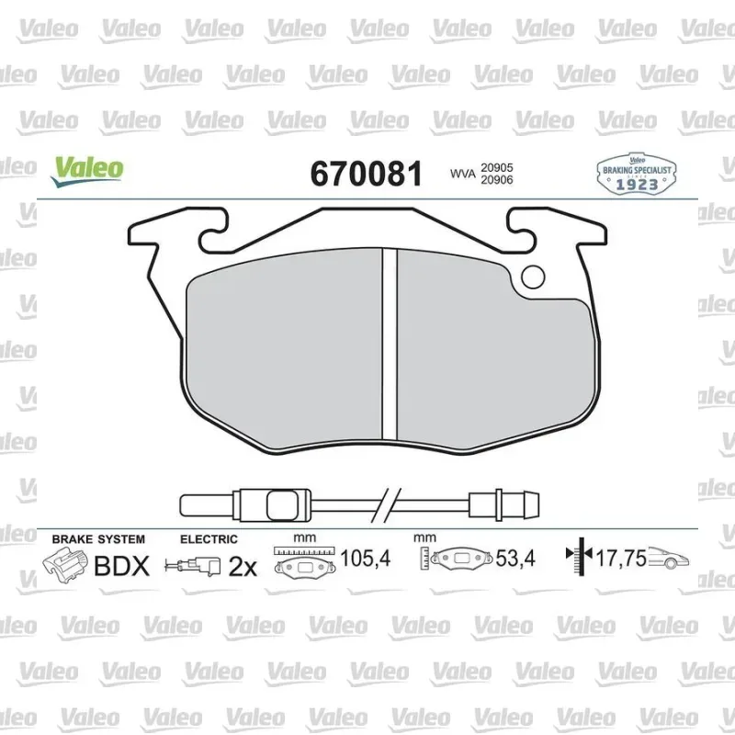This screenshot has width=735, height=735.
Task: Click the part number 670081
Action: click(366, 174)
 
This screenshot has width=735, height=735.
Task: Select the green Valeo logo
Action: click(87, 172)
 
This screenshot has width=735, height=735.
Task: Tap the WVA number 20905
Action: click(497, 167)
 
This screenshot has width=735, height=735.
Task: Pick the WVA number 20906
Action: click(497, 179)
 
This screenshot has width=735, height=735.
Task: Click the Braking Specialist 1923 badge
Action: click(637, 174)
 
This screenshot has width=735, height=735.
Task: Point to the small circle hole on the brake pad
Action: click(533, 277)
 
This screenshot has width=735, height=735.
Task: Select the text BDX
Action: click(122, 566)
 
